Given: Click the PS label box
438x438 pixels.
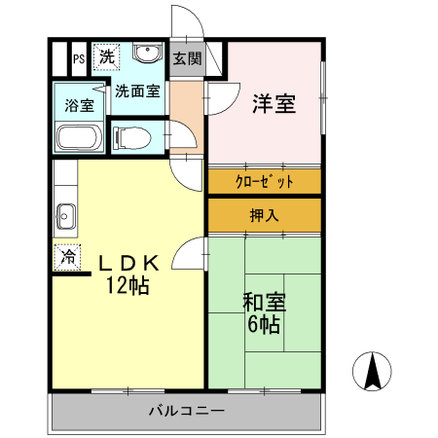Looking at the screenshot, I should tap(77, 58).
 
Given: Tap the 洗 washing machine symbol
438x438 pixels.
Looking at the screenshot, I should tap(105, 56).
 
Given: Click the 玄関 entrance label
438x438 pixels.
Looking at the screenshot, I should tap(187, 57).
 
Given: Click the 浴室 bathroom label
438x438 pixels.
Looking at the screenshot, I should tap(79, 105).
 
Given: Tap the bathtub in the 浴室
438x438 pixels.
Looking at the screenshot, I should tap(79, 136).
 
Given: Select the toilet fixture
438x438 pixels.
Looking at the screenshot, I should tap(133, 136).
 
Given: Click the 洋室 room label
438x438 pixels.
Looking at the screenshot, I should tap(274, 103).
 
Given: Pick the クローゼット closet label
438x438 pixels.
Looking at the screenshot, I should tap(264, 181).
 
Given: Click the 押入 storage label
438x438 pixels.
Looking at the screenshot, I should tap(264, 215).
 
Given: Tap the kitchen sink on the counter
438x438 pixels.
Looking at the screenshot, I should tap(66, 213).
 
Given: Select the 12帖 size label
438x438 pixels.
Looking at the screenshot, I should tap(128, 286).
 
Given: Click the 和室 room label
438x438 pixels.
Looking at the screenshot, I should tap(265, 303).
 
